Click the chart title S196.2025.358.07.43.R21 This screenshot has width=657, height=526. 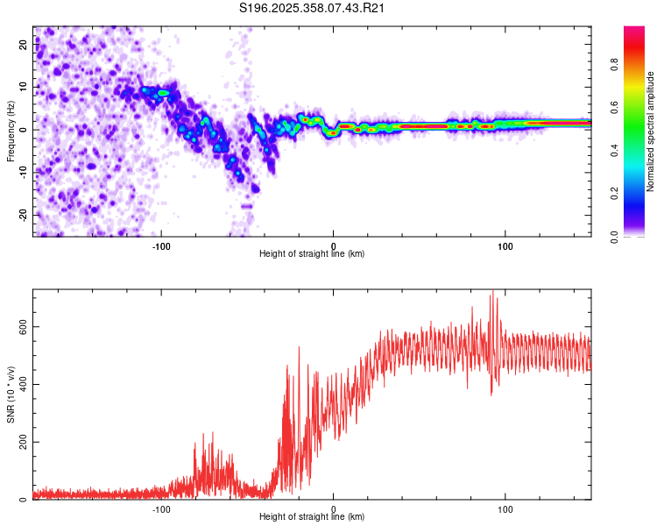tap(314, 9)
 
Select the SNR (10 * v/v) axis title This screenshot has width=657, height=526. tap(11, 394)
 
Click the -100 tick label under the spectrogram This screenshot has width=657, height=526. tap(160, 245)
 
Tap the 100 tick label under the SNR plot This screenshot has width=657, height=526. tap(505, 508)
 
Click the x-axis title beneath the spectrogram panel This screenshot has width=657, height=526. tap(312, 254)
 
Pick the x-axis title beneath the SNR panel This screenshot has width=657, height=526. tap(312, 517)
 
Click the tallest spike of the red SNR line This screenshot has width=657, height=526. tap(492, 292)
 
